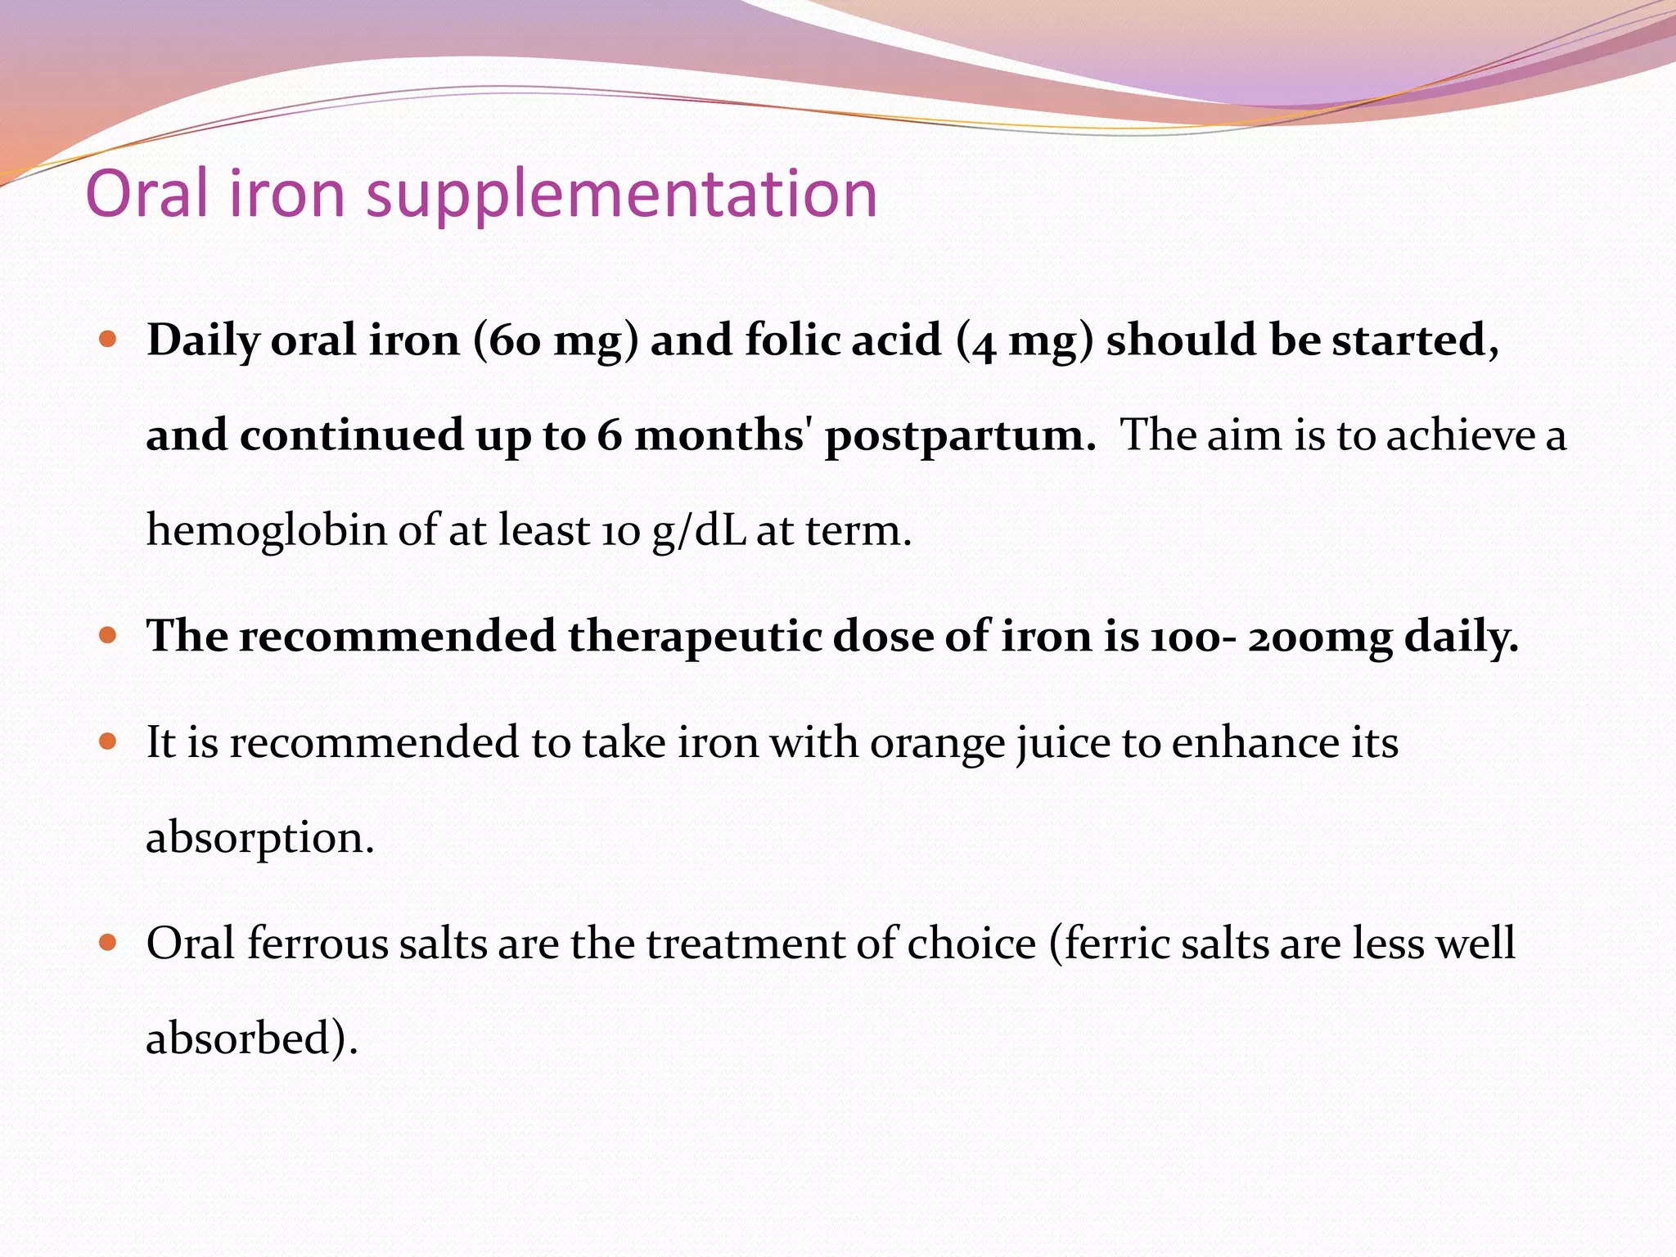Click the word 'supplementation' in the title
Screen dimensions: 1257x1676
coord(622,196)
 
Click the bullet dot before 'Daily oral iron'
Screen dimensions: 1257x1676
coord(108,338)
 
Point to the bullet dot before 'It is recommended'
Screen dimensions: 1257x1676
coord(108,741)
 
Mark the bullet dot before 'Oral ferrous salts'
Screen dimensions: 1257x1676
coord(108,942)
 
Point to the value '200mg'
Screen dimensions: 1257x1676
coord(1319,638)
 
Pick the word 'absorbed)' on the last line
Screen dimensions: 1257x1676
coord(250,1038)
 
